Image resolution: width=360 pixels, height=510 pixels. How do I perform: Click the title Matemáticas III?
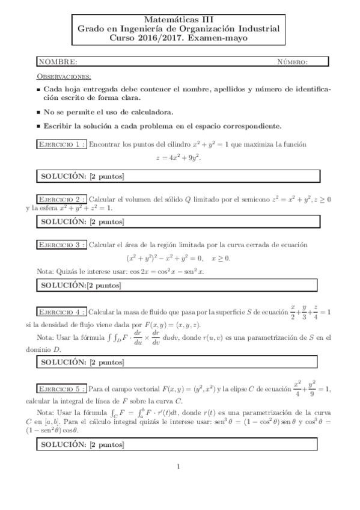[x=180, y=19]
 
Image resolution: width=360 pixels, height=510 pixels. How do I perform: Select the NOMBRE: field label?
[x=58, y=61]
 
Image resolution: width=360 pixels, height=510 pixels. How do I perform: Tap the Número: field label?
[x=293, y=61]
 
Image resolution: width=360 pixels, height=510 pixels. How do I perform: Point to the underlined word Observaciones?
[x=64, y=76]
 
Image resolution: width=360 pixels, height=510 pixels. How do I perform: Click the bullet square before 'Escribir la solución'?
[x=38, y=127]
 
